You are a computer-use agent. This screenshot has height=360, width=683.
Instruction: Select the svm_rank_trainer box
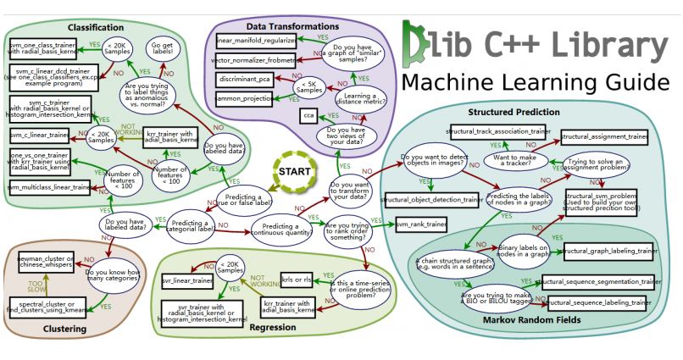click(x=421, y=224)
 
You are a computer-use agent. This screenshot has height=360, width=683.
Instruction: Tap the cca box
click(x=308, y=114)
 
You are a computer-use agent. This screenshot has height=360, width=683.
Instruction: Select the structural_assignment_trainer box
click(x=604, y=136)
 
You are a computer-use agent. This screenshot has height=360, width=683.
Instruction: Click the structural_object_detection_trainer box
click(x=432, y=200)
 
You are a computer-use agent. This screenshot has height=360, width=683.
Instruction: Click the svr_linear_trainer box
click(x=186, y=280)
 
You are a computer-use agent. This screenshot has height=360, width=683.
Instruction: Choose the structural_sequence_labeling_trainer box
click(x=598, y=302)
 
